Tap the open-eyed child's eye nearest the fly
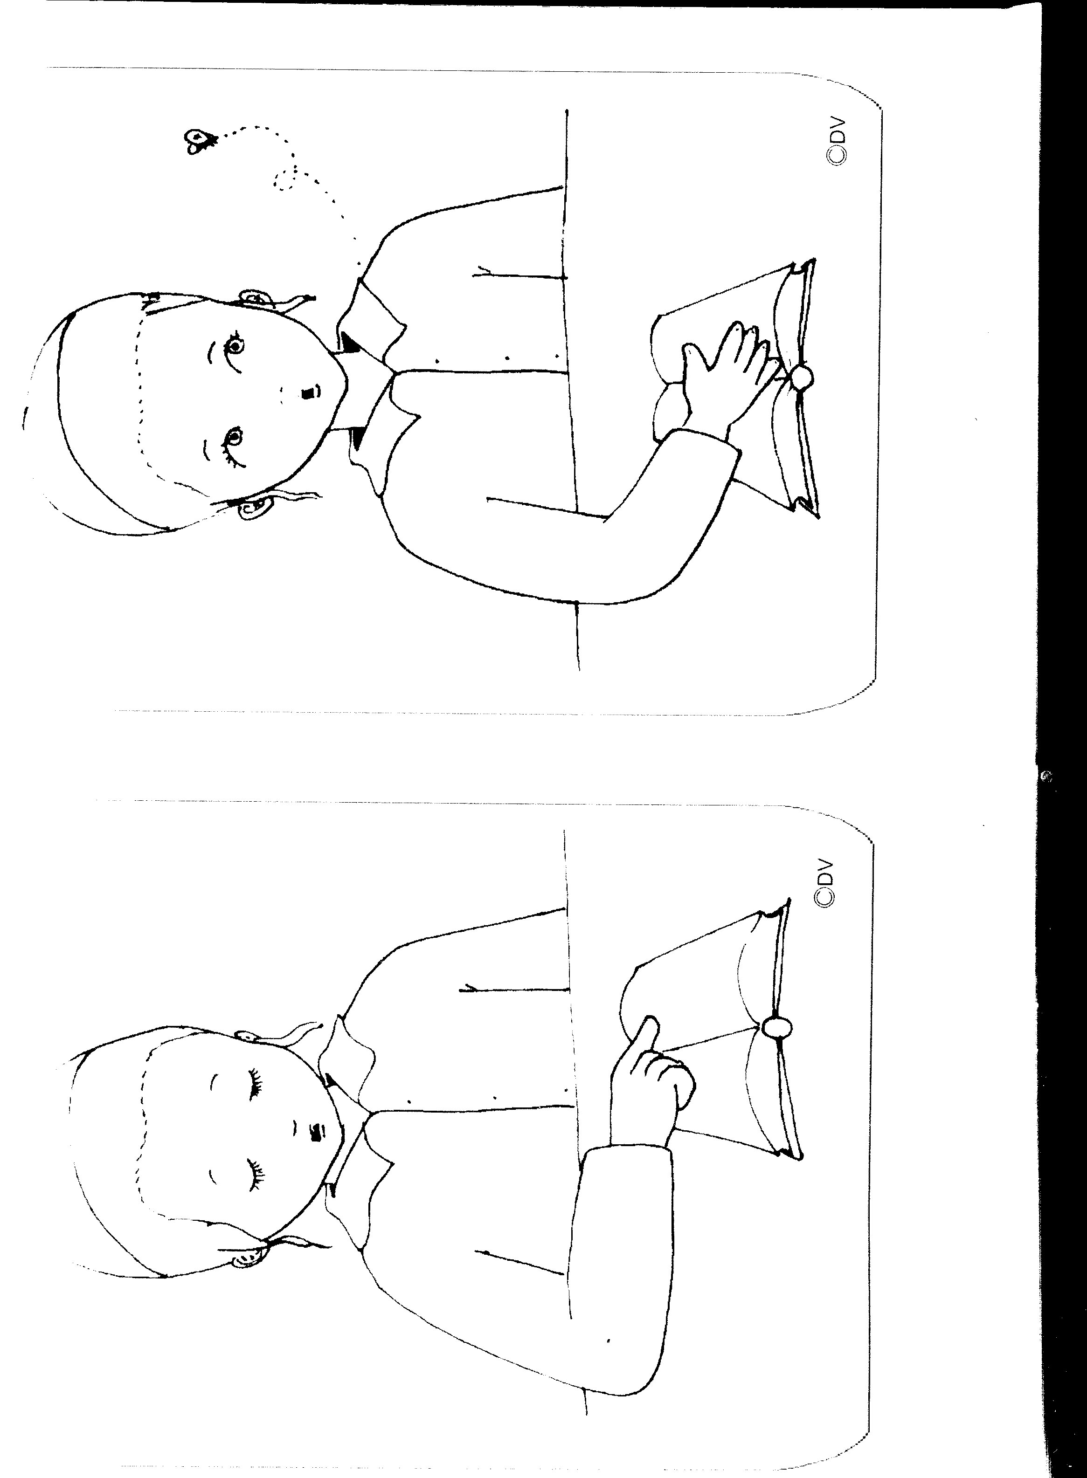[234, 344]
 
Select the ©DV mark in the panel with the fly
[838, 141]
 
